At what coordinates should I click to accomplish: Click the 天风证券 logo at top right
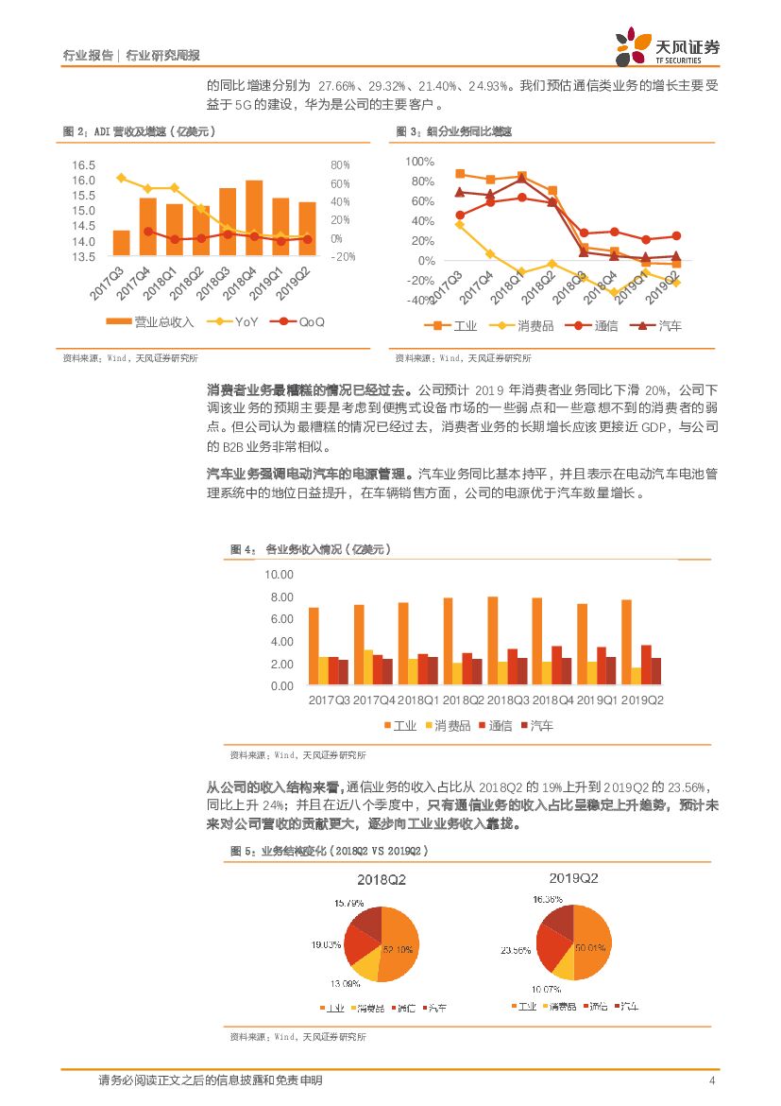click(667, 44)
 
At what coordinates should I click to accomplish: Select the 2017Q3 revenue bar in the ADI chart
click(121, 243)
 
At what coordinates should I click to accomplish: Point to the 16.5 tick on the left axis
click(84, 165)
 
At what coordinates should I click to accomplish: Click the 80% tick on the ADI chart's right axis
click(341, 165)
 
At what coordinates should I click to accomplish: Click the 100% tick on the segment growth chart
click(420, 162)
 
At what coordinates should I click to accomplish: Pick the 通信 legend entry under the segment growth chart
click(595, 326)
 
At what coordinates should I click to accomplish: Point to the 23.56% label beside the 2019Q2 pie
click(517, 950)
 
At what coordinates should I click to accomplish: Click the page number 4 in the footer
click(711, 1081)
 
